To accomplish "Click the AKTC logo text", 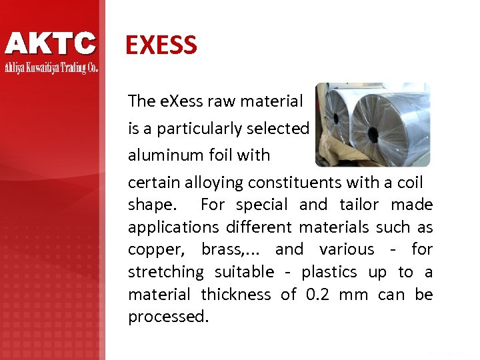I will tap(51, 44).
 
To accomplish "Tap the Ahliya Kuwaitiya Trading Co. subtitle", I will tap(51, 68).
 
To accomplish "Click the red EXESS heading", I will tap(161, 45).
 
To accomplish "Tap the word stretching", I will tap(166, 272).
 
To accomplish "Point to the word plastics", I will tap(329, 272).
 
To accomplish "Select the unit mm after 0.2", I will tap(353, 295).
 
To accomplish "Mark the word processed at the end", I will tap(167, 317).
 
